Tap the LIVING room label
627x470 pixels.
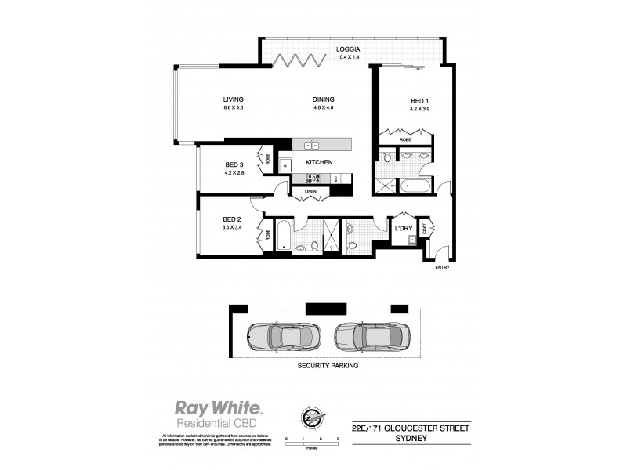[x=234, y=99]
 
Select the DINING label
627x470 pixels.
[x=324, y=99]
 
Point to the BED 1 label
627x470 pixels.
[x=420, y=101]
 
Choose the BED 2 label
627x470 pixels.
[x=231, y=219]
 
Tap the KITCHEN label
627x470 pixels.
[x=320, y=162]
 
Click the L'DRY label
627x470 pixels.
[x=404, y=228]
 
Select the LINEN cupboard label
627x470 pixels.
[x=311, y=190]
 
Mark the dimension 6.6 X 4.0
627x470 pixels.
[x=234, y=108]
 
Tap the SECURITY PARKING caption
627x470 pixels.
[x=327, y=366]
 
